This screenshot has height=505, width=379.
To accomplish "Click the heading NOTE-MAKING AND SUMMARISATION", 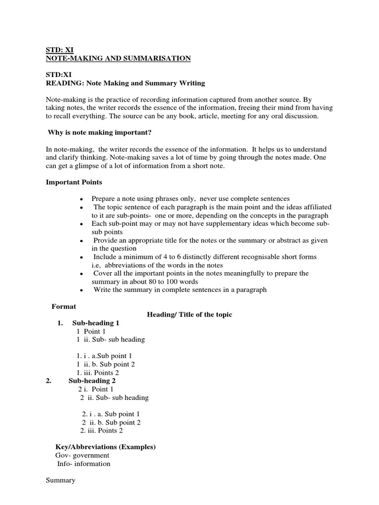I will pos(118,58).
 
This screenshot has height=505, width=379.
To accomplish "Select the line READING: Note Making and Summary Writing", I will pos(125,83).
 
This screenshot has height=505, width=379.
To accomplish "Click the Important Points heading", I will pos(74,182).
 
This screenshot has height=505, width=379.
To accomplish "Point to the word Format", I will pos(64,306).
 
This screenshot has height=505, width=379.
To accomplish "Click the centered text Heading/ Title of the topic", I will pos(189,315).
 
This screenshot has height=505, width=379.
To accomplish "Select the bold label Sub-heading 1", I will pos(96,323).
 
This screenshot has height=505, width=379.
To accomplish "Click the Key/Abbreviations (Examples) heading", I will pos(106,447).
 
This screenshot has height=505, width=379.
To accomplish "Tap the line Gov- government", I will pos(82,455).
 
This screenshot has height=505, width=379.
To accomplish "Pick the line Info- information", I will pos(84,464).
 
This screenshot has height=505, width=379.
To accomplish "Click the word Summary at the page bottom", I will pos(61,480).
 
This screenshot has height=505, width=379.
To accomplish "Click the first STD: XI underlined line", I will pos(56,50).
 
